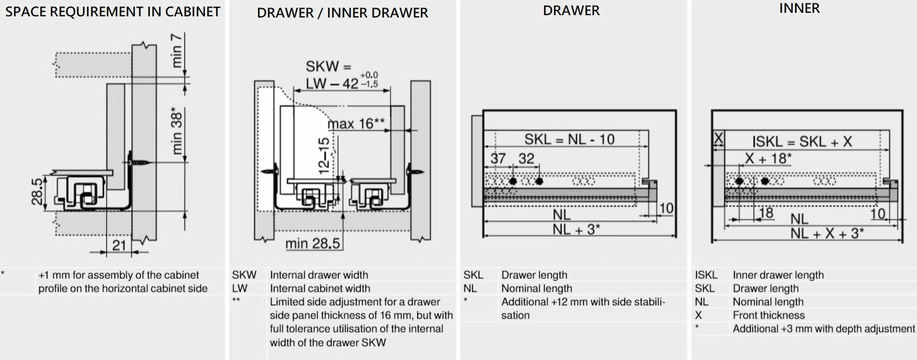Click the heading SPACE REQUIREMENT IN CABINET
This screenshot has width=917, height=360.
(113, 12)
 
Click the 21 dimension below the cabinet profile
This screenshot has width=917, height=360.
(119, 245)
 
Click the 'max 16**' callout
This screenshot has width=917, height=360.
(356, 124)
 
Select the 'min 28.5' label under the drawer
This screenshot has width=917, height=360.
(312, 243)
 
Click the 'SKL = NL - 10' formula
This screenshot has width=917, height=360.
(569, 139)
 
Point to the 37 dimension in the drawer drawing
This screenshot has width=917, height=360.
(498, 159)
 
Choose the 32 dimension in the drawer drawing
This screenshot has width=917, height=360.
(526, 159)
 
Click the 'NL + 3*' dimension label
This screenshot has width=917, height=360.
(576, 229)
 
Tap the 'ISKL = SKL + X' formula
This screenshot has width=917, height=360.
(801, 142)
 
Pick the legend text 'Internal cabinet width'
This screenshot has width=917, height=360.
(320, 288)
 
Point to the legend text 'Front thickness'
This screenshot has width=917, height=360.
(768, 315)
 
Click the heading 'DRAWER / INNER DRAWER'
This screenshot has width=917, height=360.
(342, 13)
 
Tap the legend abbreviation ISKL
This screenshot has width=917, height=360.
(706, 275)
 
